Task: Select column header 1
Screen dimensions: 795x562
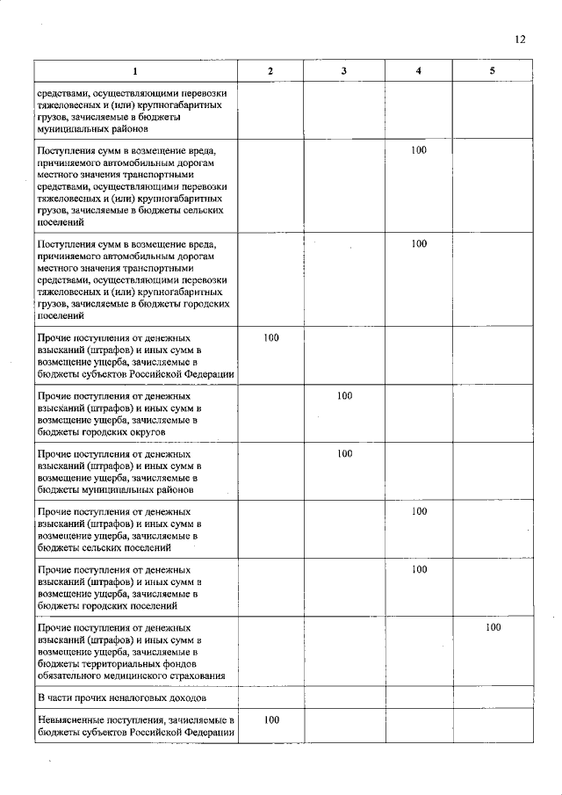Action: click(x=135, y=70)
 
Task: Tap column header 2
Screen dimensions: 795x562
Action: click(x=270, y=70)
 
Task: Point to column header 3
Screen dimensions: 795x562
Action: click(x=344, y=70)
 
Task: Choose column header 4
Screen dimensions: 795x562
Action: click(x=419, y=70)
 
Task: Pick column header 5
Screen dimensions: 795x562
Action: click(x=492, y=70)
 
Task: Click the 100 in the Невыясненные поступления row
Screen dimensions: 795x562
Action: click(x=271, y=719)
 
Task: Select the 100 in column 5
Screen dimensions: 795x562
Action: click(x=493, y=627)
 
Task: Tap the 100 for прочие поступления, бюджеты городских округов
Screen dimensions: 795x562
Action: click(x=344, y=396)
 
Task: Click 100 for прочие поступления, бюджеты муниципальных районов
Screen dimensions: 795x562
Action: click(x=344, y=453)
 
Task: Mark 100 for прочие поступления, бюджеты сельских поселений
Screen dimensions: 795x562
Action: click(x=419, y=511)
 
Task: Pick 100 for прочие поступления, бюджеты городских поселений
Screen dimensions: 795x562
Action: click(x=419, y=569)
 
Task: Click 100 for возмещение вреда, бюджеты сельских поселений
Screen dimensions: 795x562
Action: click(x=419, y=151)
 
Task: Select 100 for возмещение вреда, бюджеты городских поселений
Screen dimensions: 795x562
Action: click(x=419, y=243)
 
